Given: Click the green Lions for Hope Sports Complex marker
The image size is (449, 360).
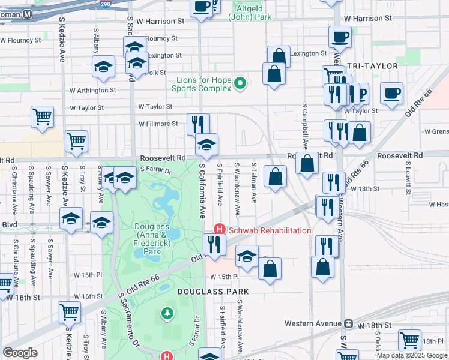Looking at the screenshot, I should pos(240,83).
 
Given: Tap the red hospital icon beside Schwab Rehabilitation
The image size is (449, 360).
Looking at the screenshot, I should pos(220,230).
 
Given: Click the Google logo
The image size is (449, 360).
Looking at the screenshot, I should pos(20,353).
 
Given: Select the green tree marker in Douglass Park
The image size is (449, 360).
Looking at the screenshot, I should pos(167,313).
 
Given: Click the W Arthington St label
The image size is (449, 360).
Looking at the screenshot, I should pos(92,90).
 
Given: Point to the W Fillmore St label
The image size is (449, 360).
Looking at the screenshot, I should pos(158,124).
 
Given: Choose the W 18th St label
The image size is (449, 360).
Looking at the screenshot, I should pos(375,325).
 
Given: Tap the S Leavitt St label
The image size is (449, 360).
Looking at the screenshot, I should pos(407,178).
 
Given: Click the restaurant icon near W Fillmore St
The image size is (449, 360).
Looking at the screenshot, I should pos(198,124).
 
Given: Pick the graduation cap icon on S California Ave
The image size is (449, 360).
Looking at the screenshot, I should pos(206,145).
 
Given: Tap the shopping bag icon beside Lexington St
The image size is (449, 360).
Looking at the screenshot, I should pos(279,56).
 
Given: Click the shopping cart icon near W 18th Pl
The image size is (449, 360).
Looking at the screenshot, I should pos(409,340).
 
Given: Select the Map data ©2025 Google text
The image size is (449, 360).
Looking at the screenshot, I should pos(412,355).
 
